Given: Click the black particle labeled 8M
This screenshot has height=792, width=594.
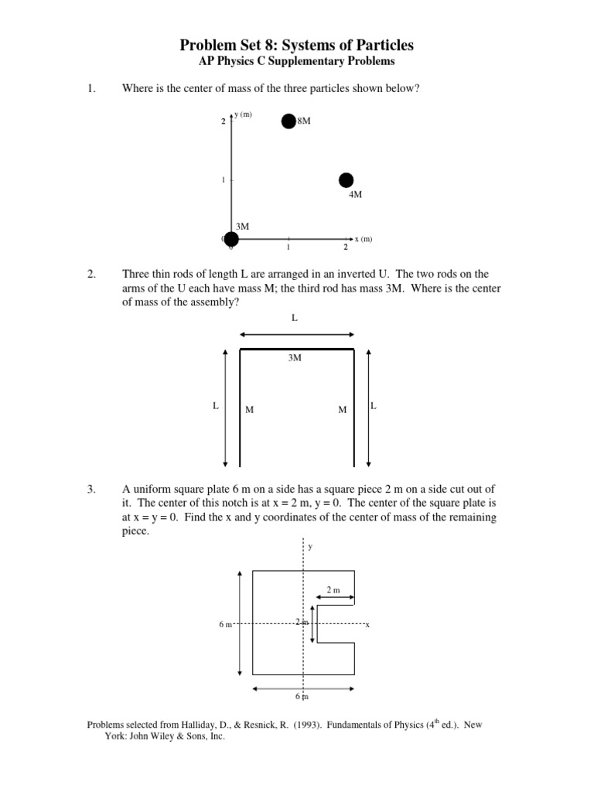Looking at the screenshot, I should click(x=288, y=121).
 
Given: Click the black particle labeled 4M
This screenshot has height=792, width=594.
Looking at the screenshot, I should click(x=346, y=180).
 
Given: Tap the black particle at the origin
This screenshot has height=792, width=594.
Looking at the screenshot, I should click(x=231, y=239).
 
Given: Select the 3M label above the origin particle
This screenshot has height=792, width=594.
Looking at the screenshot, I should click(x=242, y=226).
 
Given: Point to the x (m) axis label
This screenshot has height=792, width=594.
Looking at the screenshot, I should click(x=364, y=239).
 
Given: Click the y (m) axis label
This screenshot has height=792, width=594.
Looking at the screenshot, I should click(x=244, y=115).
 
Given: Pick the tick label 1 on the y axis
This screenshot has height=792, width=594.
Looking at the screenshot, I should click(x=223, y=180).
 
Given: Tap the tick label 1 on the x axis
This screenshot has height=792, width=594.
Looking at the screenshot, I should click(x=288, y=247).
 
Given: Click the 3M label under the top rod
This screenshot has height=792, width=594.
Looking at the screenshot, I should click(x=295, y=358).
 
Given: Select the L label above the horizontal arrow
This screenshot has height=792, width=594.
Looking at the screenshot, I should click(x=295, y=318).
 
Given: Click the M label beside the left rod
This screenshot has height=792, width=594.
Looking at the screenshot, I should click(x=249, y=410).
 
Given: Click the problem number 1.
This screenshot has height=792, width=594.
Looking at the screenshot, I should click(x=90, y=88).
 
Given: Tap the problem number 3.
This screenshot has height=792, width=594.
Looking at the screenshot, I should click(x=90, y=490).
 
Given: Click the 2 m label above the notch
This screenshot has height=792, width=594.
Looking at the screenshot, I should click(x=333, y=590).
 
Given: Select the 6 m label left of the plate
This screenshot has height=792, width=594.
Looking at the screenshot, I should click(x=225, y=623).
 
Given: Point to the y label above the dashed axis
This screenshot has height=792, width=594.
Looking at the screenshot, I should click(x=310, y=546).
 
